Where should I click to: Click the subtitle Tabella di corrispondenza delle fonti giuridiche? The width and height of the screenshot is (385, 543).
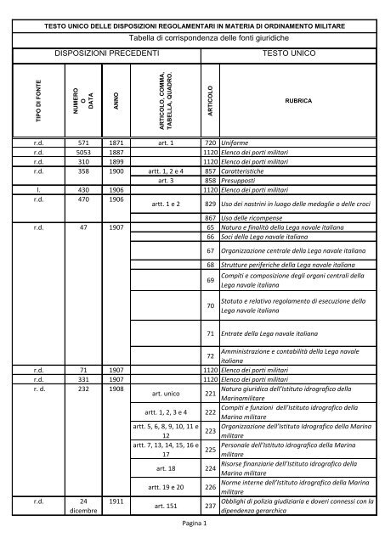(x=194, y=38)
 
